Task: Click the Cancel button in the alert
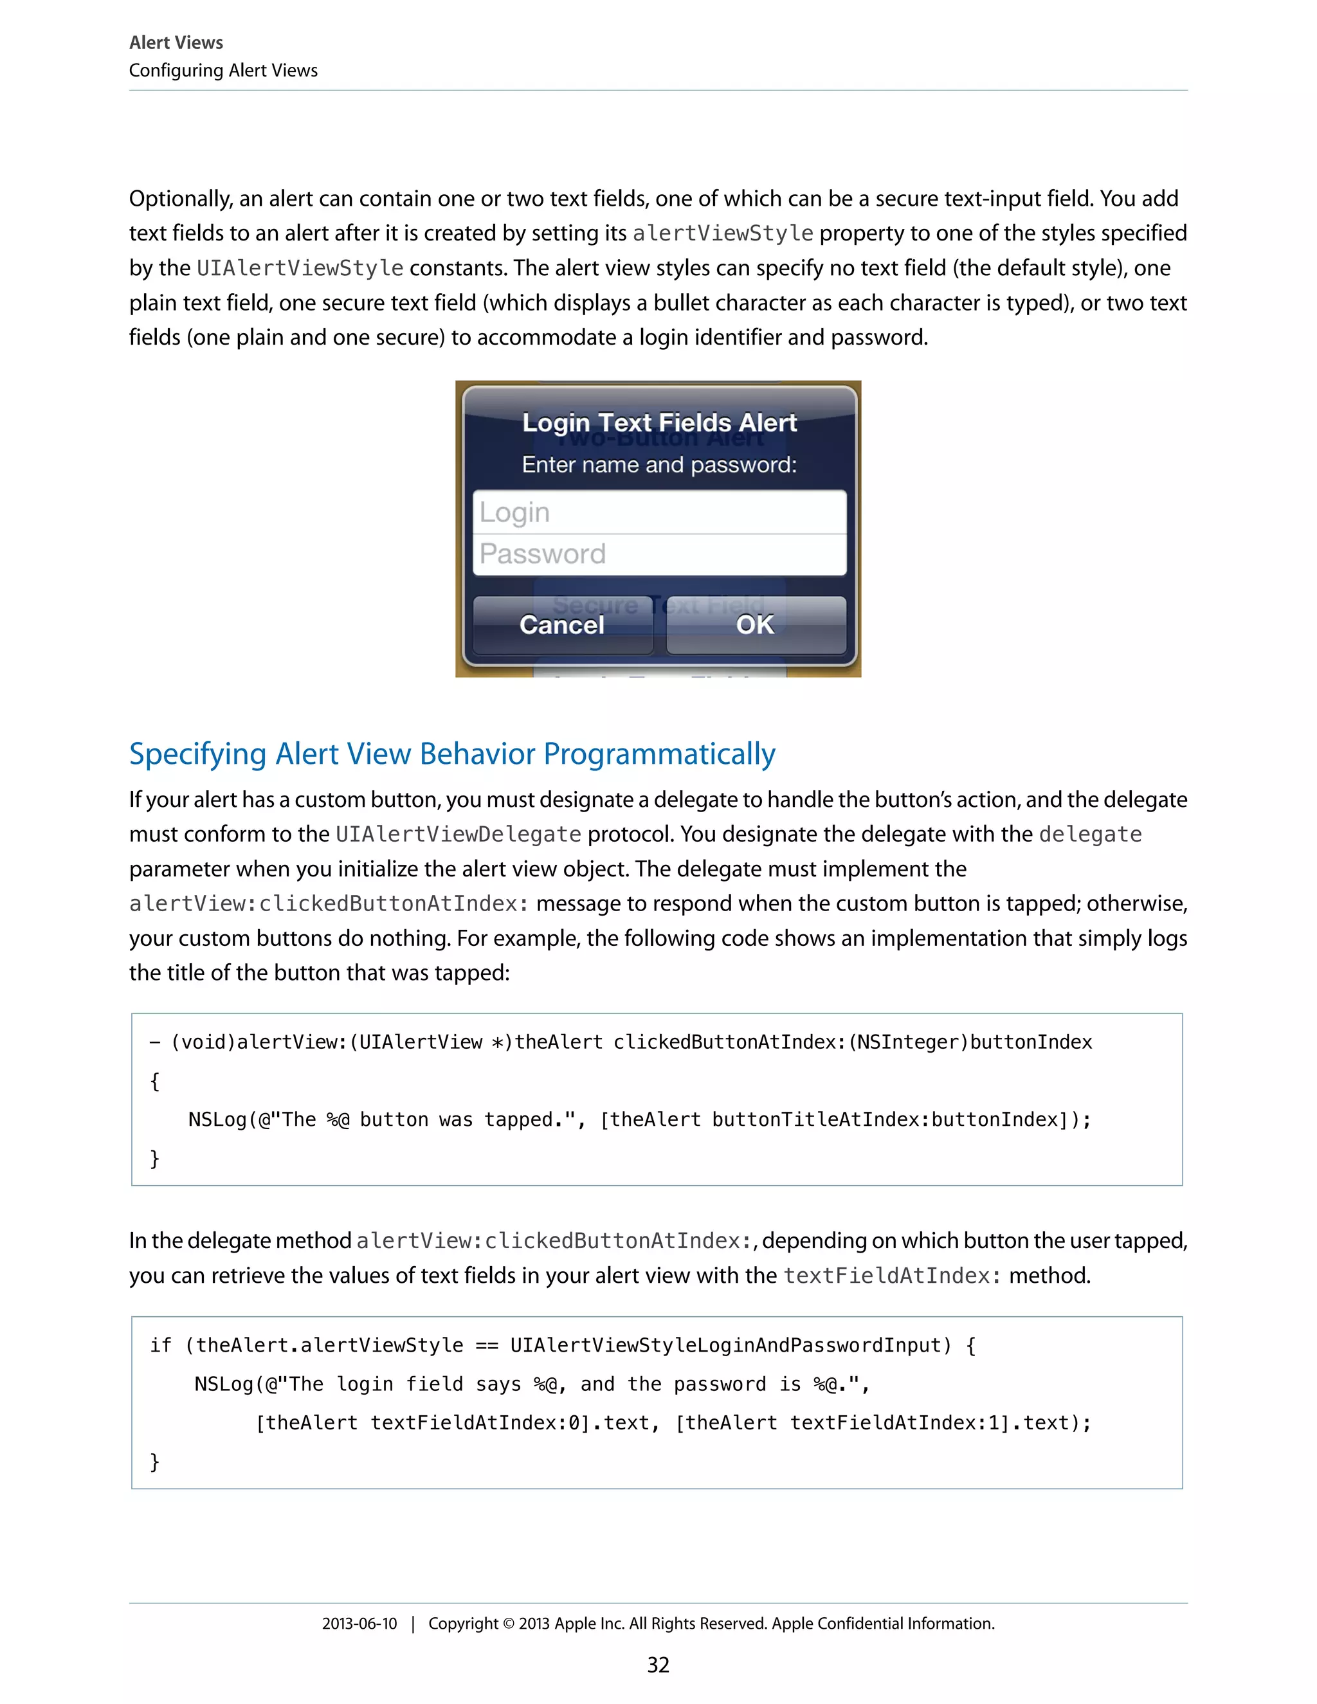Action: (562, 625)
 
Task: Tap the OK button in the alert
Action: (755, 625)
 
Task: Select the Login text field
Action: (659, 512)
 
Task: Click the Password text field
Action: (659, 554)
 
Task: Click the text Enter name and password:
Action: (659, 465)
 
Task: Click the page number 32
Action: (658, 1665)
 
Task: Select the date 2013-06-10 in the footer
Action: (359, 1624)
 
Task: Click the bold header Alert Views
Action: (176, 42)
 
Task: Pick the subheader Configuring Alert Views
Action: (223, 70)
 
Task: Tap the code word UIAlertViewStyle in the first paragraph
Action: (300, 268)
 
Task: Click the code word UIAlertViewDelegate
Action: (458, 835)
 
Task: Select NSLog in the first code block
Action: (217, 1119)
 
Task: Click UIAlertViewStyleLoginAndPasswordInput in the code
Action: (725, 1345)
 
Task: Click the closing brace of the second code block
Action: (154, 1462)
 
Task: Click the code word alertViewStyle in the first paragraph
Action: (722, 233)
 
